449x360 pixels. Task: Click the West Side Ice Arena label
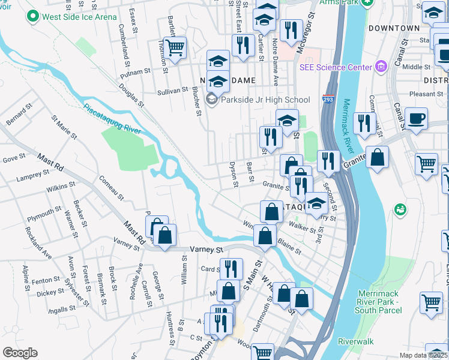click(x=79, y=17)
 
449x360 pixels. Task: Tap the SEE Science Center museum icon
click(x=381, y=67)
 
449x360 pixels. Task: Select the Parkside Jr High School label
click(x=265, y=100)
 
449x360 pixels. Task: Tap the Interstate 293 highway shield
click(x=328, y=98)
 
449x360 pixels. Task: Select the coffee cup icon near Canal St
click(x=416, y=118)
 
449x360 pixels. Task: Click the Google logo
click(x=20, y=353)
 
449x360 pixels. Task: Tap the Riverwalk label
click(x=356, y=341)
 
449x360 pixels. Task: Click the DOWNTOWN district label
click(x=394, y=28)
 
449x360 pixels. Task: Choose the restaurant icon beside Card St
click(x=231, y=269)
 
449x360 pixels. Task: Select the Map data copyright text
click(x=423, y=355)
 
